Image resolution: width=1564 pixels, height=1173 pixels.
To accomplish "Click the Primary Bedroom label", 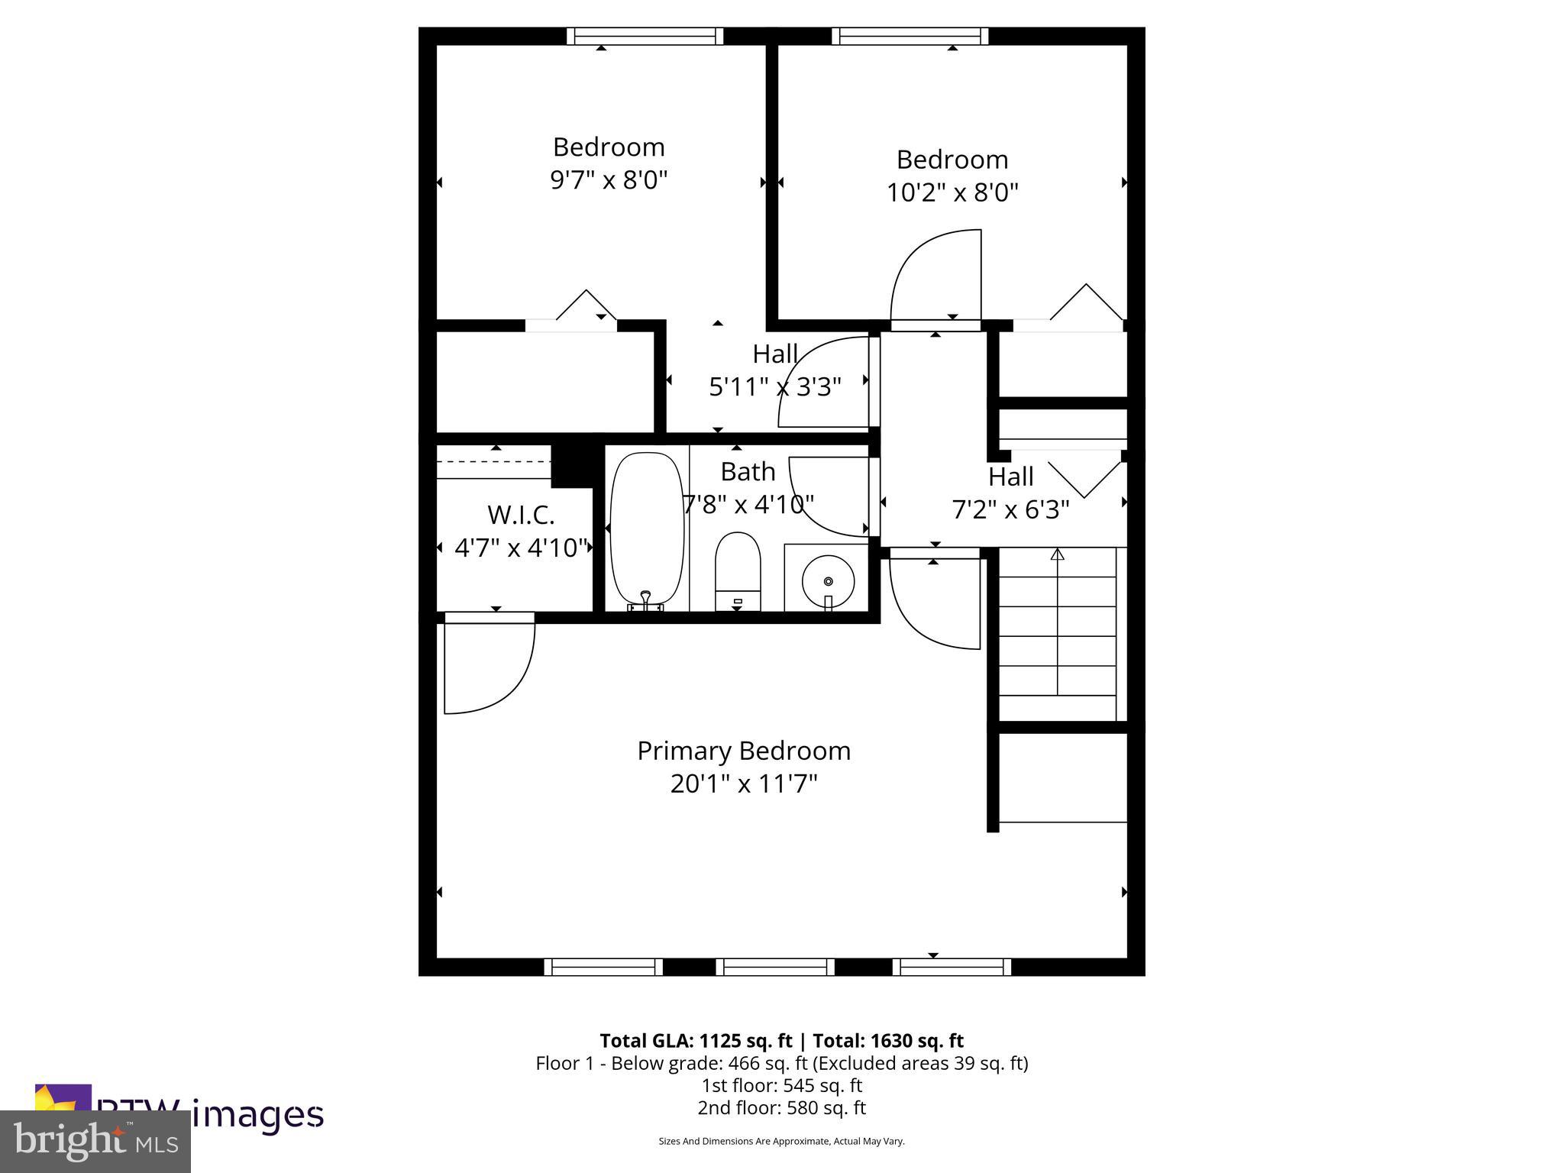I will coord(744,751).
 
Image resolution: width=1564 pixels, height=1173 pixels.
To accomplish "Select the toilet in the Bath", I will coord(738,570).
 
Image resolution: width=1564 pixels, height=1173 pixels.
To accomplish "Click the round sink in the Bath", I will coord(828,580).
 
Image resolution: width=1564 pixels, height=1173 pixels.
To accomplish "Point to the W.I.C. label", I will coord(521,515).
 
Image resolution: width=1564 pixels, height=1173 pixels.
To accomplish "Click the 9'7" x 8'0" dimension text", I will coord(609,180).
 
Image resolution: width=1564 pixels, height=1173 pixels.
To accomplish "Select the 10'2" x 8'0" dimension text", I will coord(952,192).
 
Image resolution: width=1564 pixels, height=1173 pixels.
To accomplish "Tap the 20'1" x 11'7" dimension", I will coord(744,784).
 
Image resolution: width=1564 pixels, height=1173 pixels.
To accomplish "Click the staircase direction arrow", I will coord(1057,554).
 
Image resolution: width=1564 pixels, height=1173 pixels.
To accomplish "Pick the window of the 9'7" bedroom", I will coord(645,36).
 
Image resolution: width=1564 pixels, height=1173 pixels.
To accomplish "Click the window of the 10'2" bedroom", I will coord(910,36).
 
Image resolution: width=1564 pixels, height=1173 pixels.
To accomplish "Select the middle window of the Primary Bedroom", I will coord(775,967).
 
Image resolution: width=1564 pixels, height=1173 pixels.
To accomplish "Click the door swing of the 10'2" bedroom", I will coord(935,275).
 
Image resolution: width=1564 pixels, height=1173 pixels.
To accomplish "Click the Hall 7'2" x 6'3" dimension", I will coord(1010,509).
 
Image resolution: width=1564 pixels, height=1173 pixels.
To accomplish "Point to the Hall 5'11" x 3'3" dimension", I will coord(774,387).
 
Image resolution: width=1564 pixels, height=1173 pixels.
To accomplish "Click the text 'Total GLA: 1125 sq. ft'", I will coord(696,1041).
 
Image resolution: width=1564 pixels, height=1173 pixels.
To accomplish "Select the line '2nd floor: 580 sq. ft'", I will coord(781,1107).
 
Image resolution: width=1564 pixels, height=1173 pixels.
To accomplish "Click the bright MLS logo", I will coord(95,1141).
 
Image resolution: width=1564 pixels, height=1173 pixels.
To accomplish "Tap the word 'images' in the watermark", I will coord(257,1114).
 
